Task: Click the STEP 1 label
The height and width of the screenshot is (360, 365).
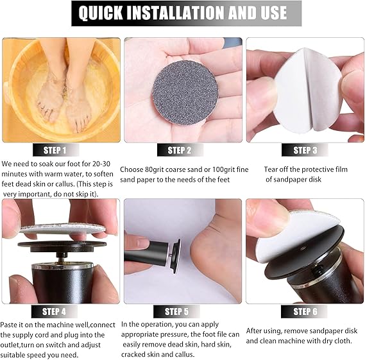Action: click(55, 150)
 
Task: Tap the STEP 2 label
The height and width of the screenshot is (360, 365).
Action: click(180, 150)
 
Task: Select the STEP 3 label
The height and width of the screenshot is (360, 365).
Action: click(305, 150)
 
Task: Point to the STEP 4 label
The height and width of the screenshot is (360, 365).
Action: click(55, 311)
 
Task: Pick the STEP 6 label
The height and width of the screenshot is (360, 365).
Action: click(305, 311)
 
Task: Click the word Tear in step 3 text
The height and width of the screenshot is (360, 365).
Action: click(273, 169)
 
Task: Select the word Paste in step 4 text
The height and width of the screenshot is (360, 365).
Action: click(13, 325)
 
